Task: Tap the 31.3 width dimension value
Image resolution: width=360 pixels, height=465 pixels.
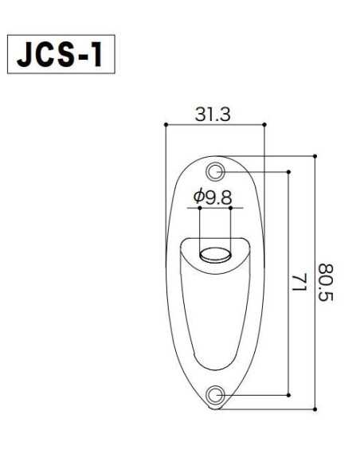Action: [x=213, y=115]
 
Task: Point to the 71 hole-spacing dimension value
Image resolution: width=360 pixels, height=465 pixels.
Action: [x=300, y=283]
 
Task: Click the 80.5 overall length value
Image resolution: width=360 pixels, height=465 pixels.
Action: [x=327, y=283]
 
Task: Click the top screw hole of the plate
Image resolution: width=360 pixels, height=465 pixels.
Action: [x=214, y=171]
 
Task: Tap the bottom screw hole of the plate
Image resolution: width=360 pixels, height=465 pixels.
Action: [x=214, y=395]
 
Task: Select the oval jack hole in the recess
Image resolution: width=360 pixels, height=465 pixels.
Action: [x=213, y=256]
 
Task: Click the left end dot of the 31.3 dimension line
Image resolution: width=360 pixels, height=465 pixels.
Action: [x=164, y=125]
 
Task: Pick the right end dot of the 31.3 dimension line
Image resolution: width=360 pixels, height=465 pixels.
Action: [x=264, y=125]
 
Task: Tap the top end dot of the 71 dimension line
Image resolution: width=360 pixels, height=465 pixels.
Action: [x=288, y=171]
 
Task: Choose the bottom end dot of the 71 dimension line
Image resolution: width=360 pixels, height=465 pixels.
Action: [x=288, y=395]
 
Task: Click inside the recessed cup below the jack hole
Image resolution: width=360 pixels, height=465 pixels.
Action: [x=213, y=318]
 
